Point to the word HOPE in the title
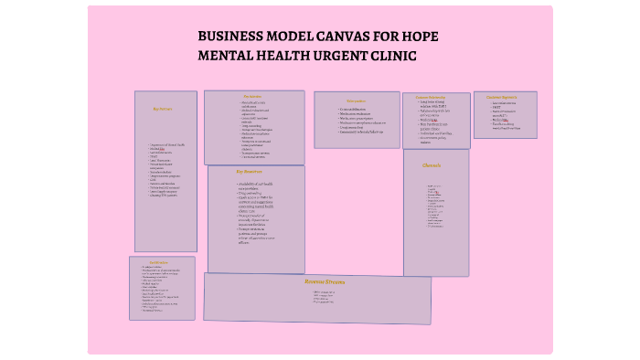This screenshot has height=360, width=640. click(x=421, y=37)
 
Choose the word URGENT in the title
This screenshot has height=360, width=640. click(x=339, y=56)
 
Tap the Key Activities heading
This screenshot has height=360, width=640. click(x=252, y=96)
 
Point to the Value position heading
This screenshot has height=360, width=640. click(x=356, y=101)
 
